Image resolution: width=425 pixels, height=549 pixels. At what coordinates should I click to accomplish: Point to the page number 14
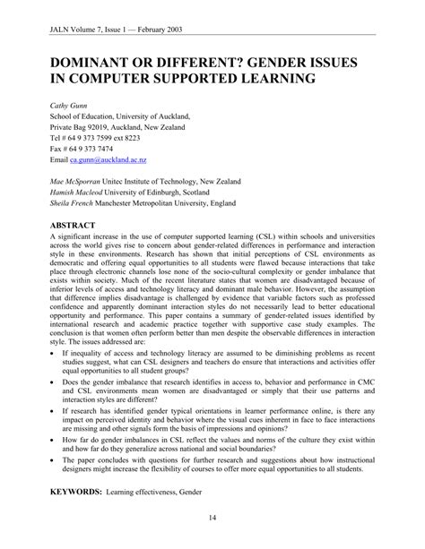[x=212, y=517]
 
